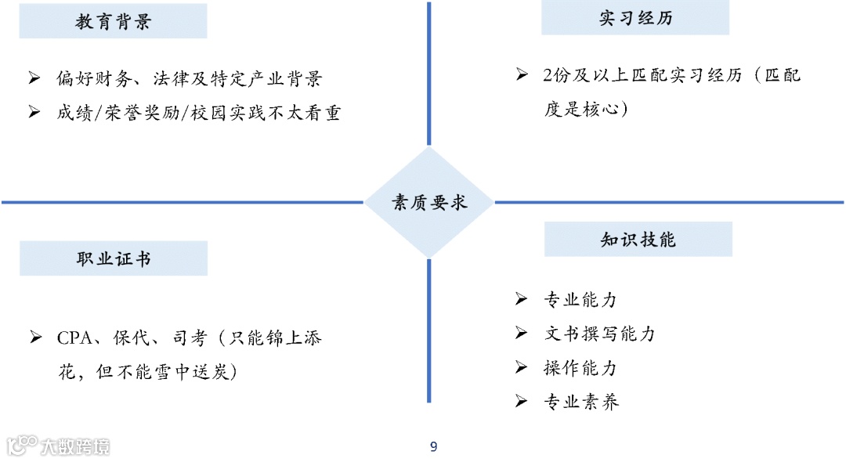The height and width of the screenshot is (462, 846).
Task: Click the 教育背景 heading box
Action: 113,21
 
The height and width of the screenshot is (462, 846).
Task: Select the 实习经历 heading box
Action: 634,18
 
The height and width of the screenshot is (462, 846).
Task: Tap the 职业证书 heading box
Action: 113,258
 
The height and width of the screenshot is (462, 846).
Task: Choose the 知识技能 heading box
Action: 638,240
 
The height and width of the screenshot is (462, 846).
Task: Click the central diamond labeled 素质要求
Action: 429,203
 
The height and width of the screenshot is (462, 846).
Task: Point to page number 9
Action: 433,447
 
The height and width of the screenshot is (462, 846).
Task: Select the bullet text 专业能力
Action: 580,300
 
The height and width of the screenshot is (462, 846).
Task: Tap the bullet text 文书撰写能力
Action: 599,334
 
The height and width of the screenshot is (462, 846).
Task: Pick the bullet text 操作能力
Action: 580,368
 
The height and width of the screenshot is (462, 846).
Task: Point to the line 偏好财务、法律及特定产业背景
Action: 189,79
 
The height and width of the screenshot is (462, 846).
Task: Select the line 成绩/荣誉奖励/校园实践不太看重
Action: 198,113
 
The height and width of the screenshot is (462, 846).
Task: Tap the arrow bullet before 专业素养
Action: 521,402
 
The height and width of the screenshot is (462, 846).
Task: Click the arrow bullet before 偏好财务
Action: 34,78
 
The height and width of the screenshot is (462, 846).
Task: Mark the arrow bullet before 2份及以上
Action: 522,75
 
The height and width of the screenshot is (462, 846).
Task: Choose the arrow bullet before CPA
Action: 35,338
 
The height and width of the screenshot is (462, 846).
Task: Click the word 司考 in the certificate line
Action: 190,338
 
